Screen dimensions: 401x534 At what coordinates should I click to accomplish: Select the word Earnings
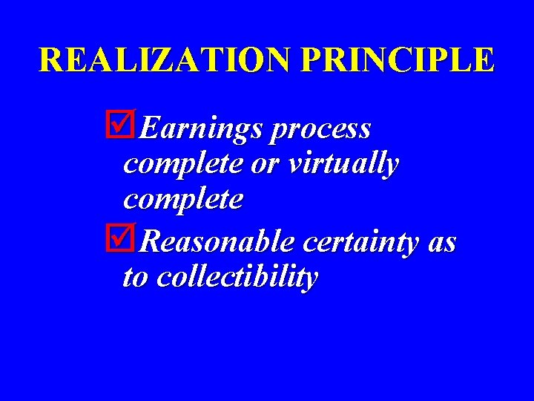coord(200,129)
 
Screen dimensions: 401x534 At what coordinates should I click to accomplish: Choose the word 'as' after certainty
coord(442,242)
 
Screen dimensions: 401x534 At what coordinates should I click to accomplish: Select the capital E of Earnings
coord(148,128)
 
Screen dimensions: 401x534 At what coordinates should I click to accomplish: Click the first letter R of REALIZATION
coord(51,60)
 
